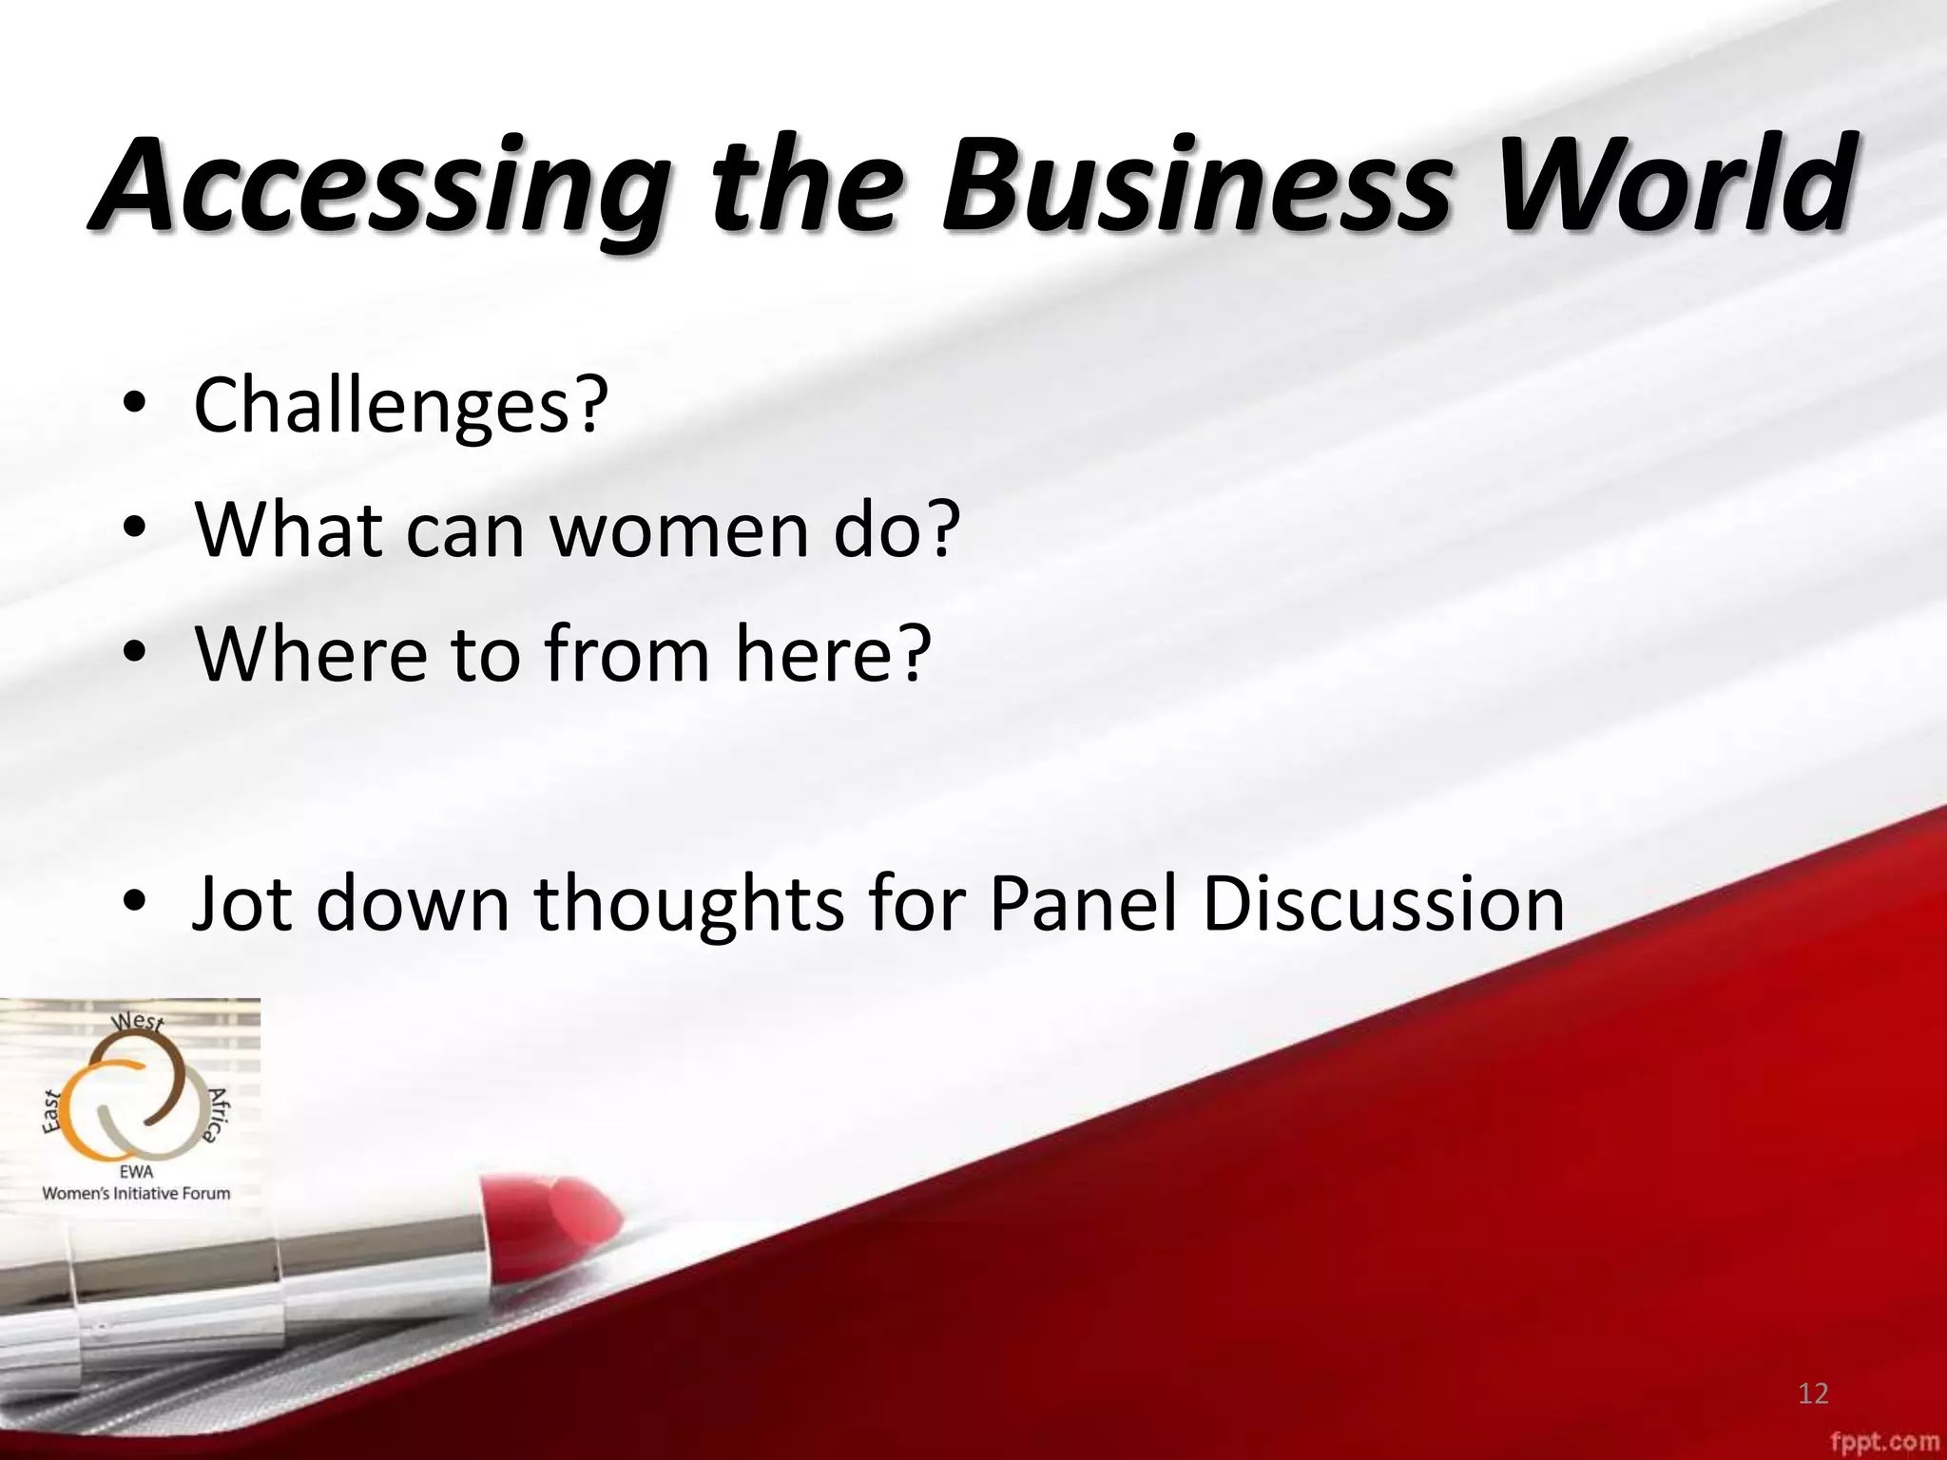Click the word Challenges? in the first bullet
click(x=400, y=407)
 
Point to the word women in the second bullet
click(x=680, y=529)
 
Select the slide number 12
click(x=1813, y=1394)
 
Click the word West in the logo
click(x=139, y=1022)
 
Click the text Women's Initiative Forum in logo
click(x=136, y=1193)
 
